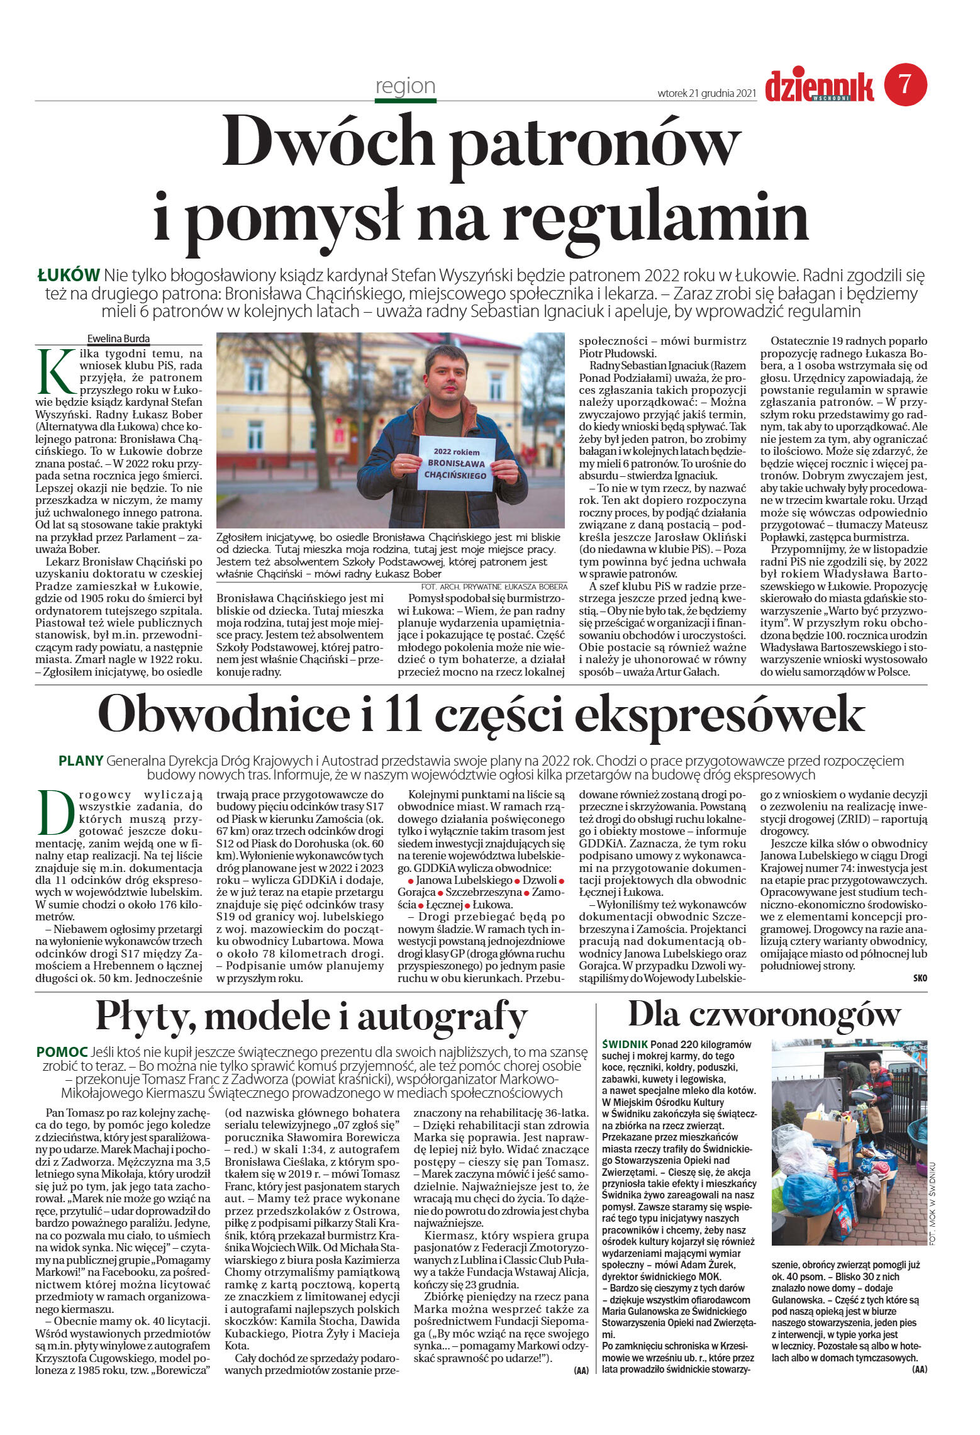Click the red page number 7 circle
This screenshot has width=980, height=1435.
pos(905,85)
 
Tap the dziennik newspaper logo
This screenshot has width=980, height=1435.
pos(819,86)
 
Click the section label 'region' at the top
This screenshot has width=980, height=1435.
pos(405,86)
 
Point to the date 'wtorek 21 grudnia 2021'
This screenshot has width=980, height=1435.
pos(706,93)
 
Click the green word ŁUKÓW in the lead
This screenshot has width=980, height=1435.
pos(69,275)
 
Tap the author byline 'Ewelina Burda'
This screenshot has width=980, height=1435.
pos(118,338)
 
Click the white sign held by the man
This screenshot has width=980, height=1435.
pos(457,464)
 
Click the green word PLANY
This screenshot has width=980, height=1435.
pos(81,760)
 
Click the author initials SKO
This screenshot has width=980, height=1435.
pos(920,978)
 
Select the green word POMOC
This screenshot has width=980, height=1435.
pos(62,1051)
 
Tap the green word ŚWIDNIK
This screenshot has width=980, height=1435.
pos(625,1044)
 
